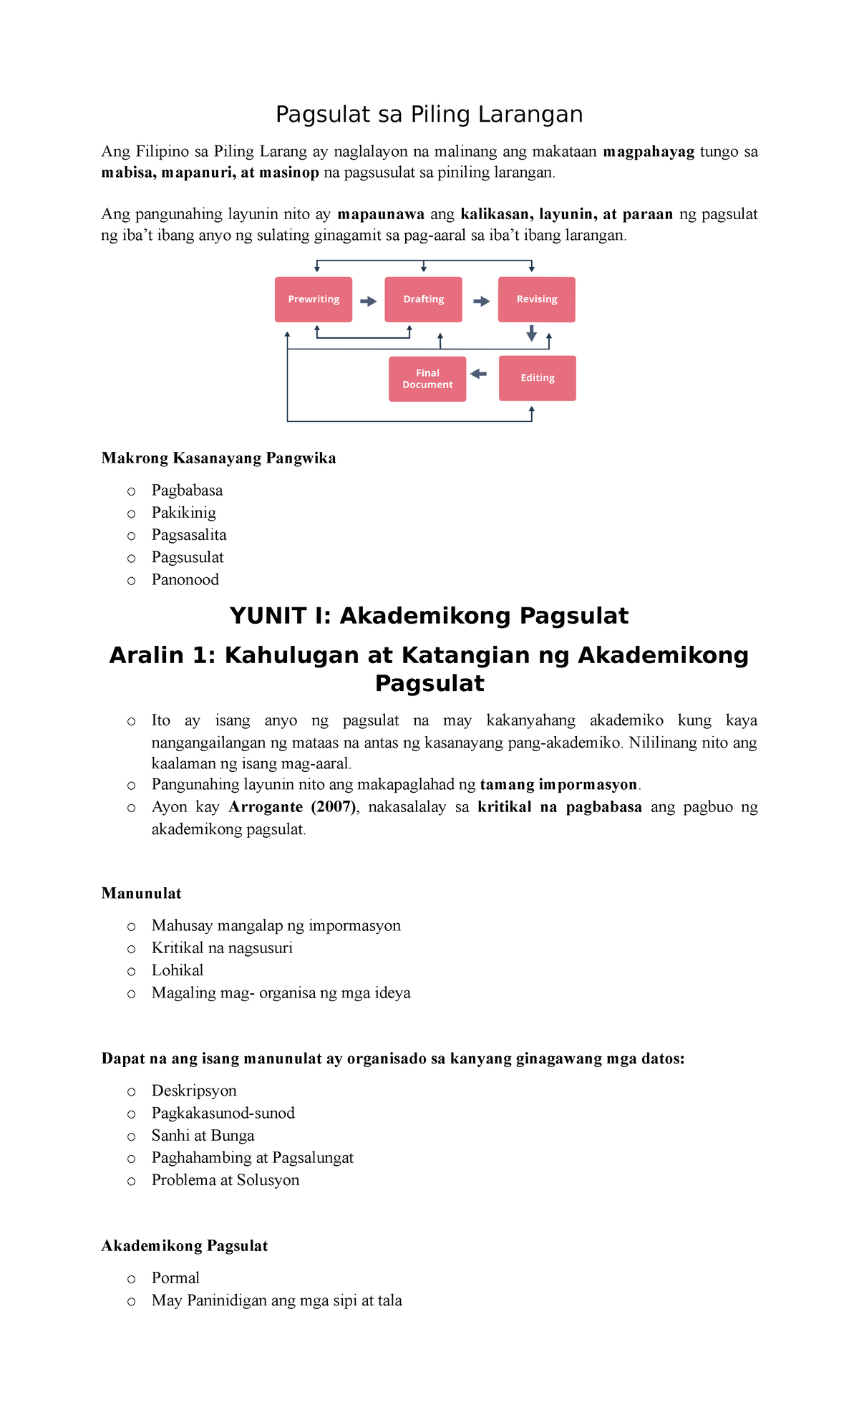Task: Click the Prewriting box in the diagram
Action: [314, 299]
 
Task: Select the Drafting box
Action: [423, 299]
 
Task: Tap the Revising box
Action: [537, 299]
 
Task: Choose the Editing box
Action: [537, 378]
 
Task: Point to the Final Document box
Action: [427, 379]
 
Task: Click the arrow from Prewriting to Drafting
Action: [368, 301]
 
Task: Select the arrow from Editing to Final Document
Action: [478, 374]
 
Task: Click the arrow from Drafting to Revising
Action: [481, 301]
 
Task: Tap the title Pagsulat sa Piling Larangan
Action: [429, 115]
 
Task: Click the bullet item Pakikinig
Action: [183, 513]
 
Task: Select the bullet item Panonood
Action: [185, 579]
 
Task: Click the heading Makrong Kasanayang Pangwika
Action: [218, 458]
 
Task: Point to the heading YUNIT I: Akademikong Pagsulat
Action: [429, 616]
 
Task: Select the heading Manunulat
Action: [141, 893]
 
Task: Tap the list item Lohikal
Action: [178, 970]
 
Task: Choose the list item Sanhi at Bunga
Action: [203, 1136]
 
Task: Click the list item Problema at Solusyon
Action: [225, 1180]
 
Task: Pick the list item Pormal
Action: [175, 1278]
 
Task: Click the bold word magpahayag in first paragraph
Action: [649, 152]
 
